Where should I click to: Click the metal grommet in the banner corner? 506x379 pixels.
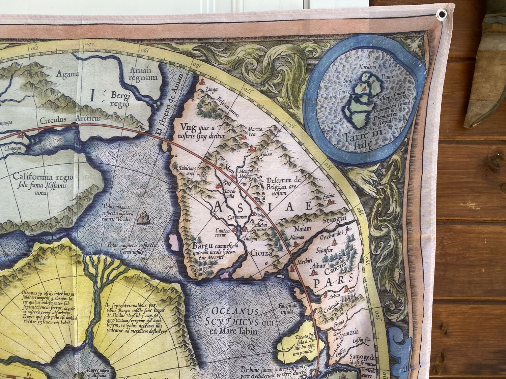point(441,14)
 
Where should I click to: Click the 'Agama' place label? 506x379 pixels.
point(67,74)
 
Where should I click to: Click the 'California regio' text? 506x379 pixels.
point(43,177)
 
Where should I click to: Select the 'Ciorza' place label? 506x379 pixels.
point(261,253)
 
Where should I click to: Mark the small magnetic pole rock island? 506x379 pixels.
point(144,218)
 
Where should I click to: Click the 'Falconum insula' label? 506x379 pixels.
point(287,308)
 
